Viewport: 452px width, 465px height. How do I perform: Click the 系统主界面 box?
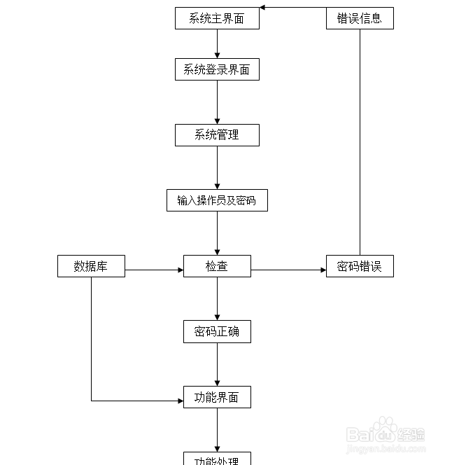[x=217, y=18]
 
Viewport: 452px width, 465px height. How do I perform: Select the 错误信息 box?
[x=360, y=18]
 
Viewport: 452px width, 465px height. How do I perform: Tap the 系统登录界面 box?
[x=217, y=69]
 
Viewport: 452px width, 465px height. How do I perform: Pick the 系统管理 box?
[x=217, y=135]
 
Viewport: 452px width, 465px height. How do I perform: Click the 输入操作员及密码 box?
[x=217, y=200]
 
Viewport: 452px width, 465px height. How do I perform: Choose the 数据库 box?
[x=91, y=266]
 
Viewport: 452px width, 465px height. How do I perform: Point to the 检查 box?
[x=217, y=266]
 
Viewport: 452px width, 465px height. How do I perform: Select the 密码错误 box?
[x=360, y=266]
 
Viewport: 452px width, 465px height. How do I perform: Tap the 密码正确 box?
[x=217, y=331]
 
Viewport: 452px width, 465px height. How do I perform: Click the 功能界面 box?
[x=217, y=397]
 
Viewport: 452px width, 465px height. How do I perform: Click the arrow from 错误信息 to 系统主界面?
[x=294, y=8]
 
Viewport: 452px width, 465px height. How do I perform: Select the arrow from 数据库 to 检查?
[x=154, y=270]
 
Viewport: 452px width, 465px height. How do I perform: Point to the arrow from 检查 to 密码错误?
[x=288, y=270]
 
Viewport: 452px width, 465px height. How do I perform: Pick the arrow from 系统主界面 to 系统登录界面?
[x=217, y=43]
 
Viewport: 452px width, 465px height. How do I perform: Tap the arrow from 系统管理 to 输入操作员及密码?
[x=217, y=167]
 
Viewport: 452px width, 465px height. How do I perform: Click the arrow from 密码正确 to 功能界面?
[x=217, y=364]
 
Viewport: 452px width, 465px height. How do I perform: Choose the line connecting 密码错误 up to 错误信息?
[x=360, y=140]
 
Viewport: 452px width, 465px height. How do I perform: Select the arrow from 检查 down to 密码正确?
[x=217, y=298]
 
